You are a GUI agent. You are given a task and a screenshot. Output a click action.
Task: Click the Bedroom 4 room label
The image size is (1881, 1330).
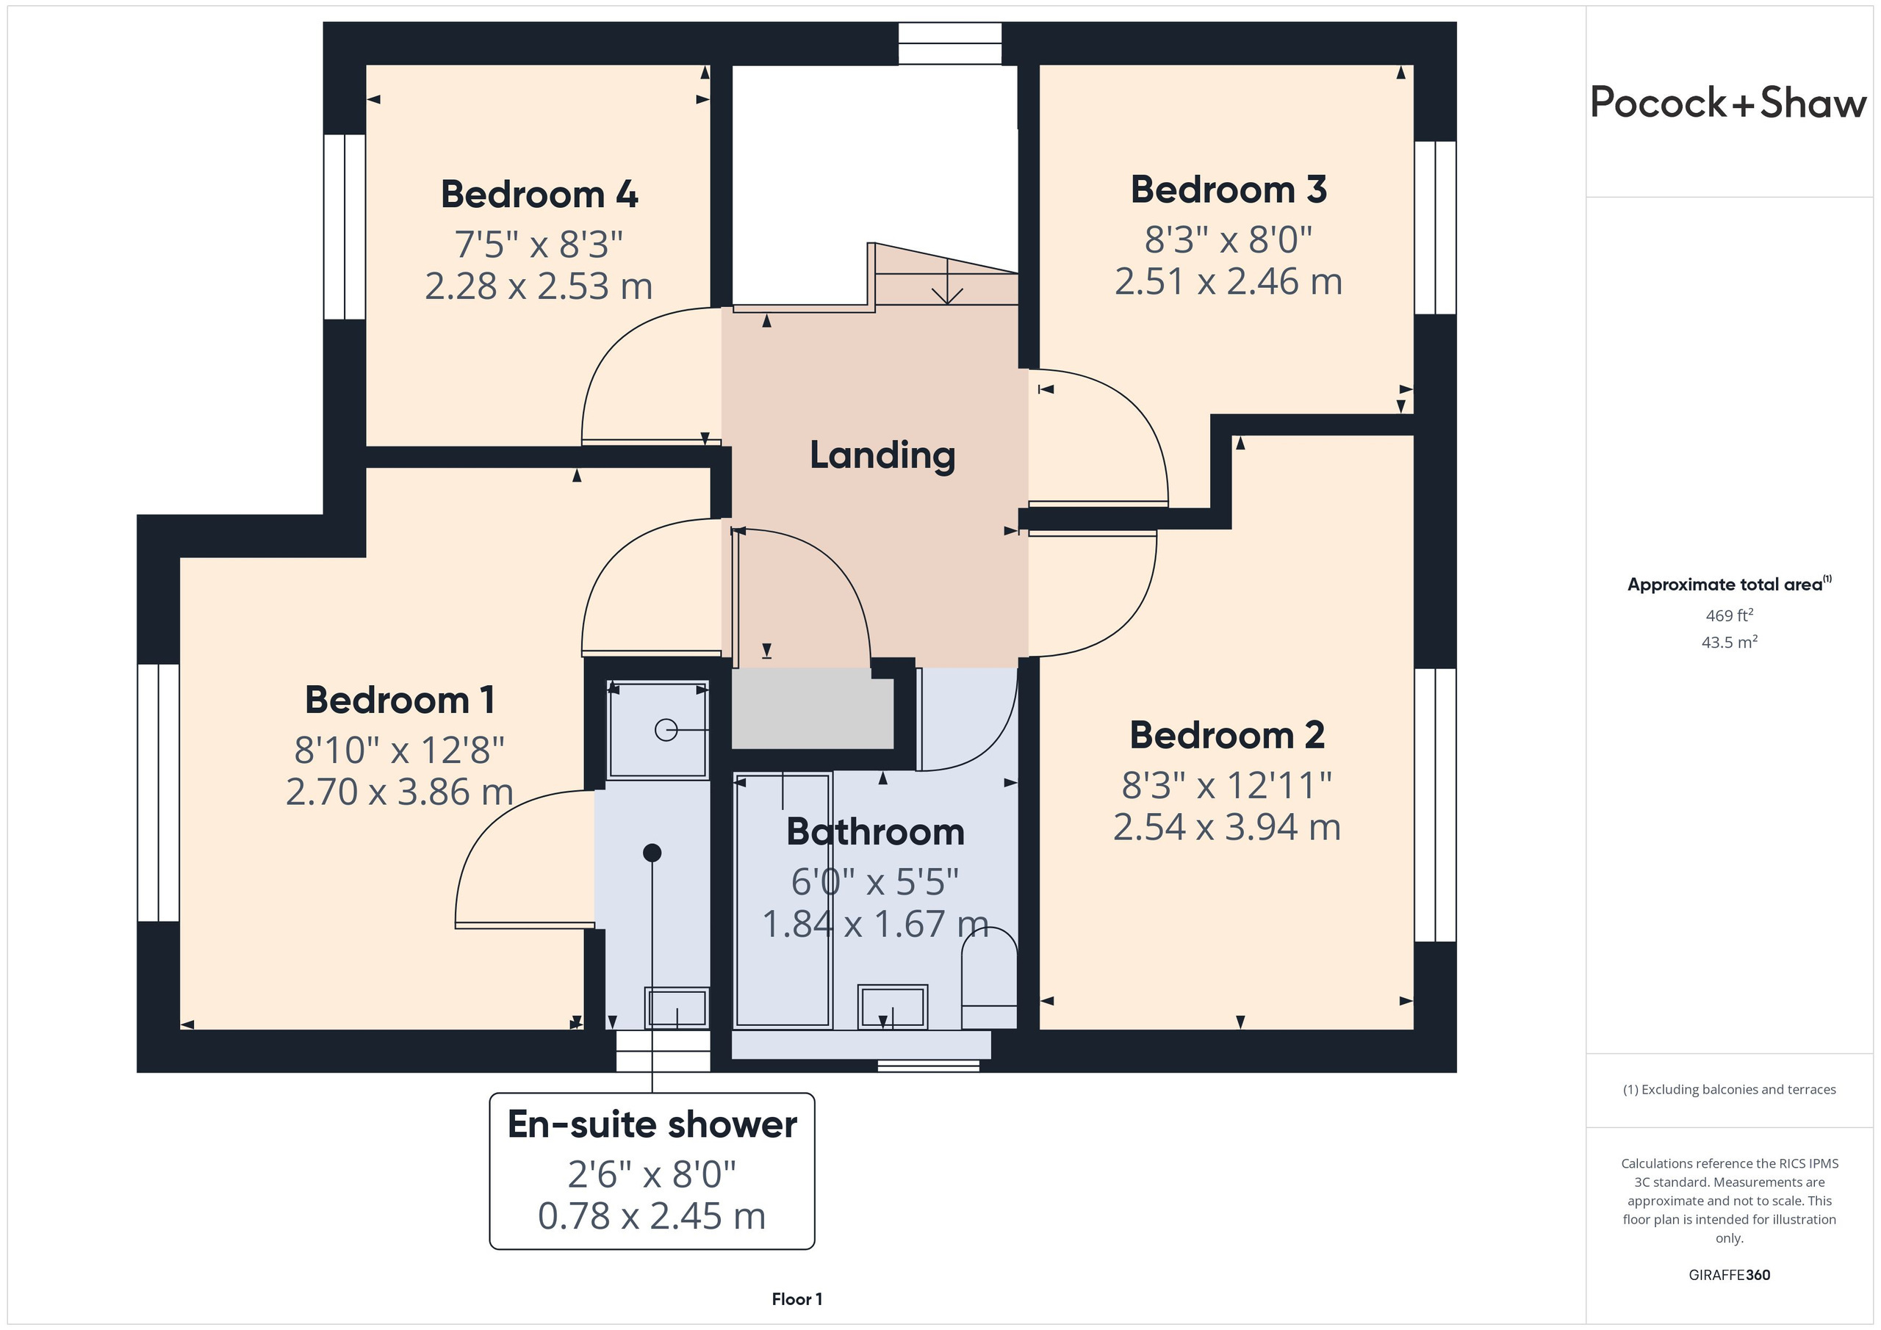tap(539, 194)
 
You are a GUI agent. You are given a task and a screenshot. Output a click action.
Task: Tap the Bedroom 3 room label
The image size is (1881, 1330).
tap(1229, 189)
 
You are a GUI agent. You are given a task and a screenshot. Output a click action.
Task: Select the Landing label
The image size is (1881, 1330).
tap(882, 455)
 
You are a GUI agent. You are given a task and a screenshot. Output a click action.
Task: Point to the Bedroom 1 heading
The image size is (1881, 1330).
tap(400, 700)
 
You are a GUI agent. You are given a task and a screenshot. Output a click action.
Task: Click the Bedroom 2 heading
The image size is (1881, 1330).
tap(1227, 734)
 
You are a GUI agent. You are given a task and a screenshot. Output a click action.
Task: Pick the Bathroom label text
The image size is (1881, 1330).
tap(876, 831)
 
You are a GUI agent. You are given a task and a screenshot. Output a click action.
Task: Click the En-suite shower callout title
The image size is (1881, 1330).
tap(652, 1124)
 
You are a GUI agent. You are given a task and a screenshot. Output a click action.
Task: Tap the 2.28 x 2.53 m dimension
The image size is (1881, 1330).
tap(539, 286)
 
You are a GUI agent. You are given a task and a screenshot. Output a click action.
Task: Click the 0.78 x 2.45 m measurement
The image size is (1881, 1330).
tap(652, 1215)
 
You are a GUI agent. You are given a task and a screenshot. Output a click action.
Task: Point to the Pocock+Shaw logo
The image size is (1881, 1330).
tap(1729, 102)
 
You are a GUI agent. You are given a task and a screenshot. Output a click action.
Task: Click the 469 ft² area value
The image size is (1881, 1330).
tap(1730, 615)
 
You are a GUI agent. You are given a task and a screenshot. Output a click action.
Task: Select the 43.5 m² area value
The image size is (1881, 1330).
tap(1730, 642)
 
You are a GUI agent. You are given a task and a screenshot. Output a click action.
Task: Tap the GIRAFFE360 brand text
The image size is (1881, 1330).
tap(1730, 1274)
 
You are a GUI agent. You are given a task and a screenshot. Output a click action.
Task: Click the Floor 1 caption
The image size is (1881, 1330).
tap(796, 1299)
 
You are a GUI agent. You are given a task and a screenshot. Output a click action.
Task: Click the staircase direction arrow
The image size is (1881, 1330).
tap(948, 282)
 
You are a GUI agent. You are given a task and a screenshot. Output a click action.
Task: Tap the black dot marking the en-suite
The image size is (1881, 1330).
tap(652, 853)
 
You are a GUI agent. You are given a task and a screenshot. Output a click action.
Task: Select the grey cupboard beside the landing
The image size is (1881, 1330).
tap(812, 709)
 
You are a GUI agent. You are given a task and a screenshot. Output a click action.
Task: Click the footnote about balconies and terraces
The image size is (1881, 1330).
tap(1730, 1089)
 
